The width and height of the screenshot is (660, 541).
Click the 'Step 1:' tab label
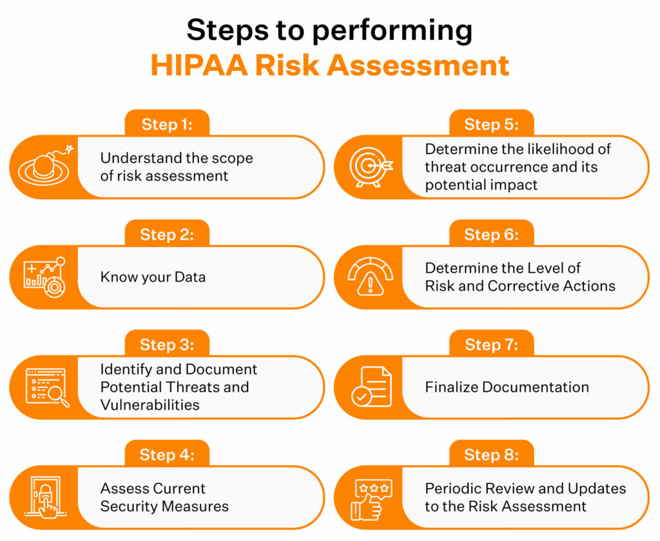(167, 124)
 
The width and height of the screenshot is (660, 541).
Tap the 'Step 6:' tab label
(492, 235)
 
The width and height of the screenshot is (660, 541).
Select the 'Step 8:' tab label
(492, 455)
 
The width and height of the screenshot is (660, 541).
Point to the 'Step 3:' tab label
(167, 344)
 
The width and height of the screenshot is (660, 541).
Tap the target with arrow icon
(371, 167)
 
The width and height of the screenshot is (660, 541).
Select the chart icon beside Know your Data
(44, 277)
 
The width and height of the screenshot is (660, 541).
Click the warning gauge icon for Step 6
(371, 277)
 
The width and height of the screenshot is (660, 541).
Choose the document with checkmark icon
(371, 387)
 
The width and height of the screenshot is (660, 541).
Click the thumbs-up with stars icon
(371, 500)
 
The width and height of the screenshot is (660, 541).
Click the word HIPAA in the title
(199, 65)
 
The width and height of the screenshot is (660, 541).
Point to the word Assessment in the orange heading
(418, 65)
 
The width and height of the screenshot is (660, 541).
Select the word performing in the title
(393, 31)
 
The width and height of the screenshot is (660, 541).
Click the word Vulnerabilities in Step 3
(150, 405)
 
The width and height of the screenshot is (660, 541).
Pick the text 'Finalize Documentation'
(507, 387)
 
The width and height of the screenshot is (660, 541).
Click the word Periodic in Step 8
(452, 488)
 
